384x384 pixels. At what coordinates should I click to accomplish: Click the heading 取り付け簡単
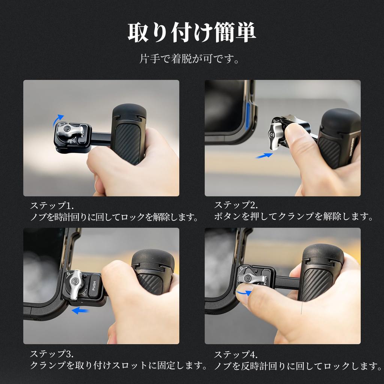(x=192, y=33)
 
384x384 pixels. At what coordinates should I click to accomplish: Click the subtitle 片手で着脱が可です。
(x=189, y=59)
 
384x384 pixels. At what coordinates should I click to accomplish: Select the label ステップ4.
(x=236, y=354)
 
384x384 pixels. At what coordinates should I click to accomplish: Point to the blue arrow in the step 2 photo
(x=264, y=155)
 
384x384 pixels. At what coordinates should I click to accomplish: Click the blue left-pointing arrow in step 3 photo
(x=80, y=310)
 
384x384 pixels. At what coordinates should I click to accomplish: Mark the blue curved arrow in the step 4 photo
(x=243, y=292)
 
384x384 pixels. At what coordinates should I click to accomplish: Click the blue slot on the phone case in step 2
(x=248, y=117)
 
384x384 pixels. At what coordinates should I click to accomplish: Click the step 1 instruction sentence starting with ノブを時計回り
(x=114, y=217)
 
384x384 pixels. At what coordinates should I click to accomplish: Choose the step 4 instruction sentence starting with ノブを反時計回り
(x=298, y=366)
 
